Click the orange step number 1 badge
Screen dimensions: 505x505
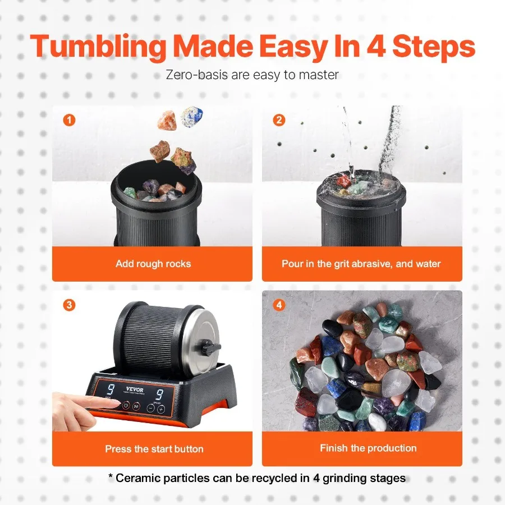(x=69, y=120)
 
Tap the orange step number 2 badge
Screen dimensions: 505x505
(x=279, y=120)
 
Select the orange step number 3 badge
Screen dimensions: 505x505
(x=69, y=305)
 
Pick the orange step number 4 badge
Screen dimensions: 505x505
(x=279, y=305)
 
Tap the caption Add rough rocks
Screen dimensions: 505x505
(x=153, y=264)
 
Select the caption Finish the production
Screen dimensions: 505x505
(x=368, y=448)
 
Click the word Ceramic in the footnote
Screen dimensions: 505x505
(x=137, y=479)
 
